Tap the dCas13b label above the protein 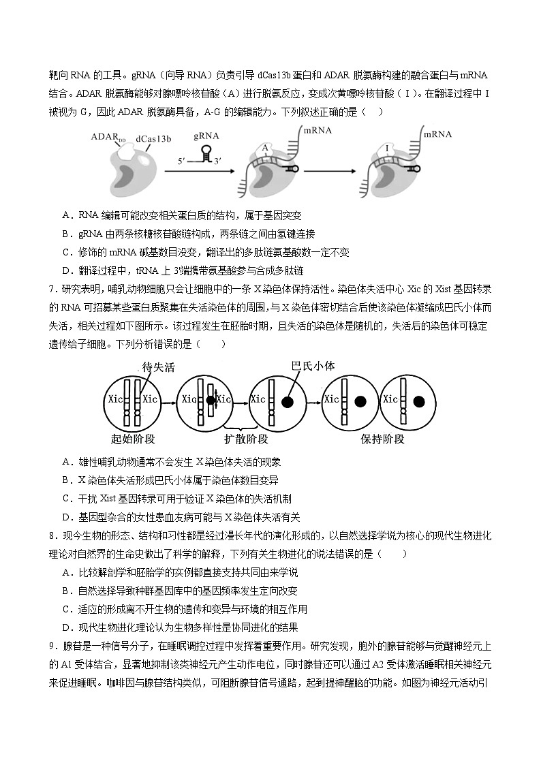pos(153,139)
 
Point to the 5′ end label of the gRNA pos(181,161)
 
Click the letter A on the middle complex pos(265,146)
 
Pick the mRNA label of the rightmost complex pos(437,134)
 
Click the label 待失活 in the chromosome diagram pos(159,367)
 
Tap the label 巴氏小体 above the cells pos(313,366)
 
